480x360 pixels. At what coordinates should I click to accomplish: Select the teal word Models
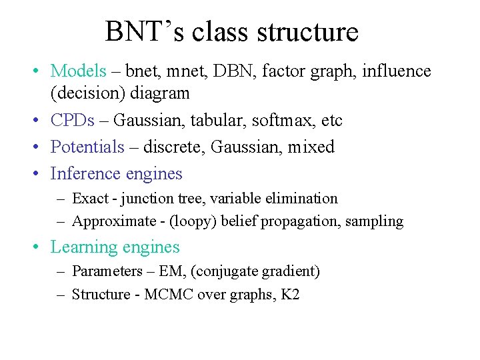click(78, 71)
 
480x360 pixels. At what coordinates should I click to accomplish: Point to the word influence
click(397, 71)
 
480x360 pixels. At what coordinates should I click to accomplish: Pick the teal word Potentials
click(87, 147)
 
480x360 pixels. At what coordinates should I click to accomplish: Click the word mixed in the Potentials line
click(311, 147)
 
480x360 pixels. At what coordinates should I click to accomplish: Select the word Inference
click(85, 173)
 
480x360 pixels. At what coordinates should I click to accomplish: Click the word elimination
click(306, 198)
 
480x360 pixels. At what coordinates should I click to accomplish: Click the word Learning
click(84, 247)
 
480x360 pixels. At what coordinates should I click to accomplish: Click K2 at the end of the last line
click(290, 294)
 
